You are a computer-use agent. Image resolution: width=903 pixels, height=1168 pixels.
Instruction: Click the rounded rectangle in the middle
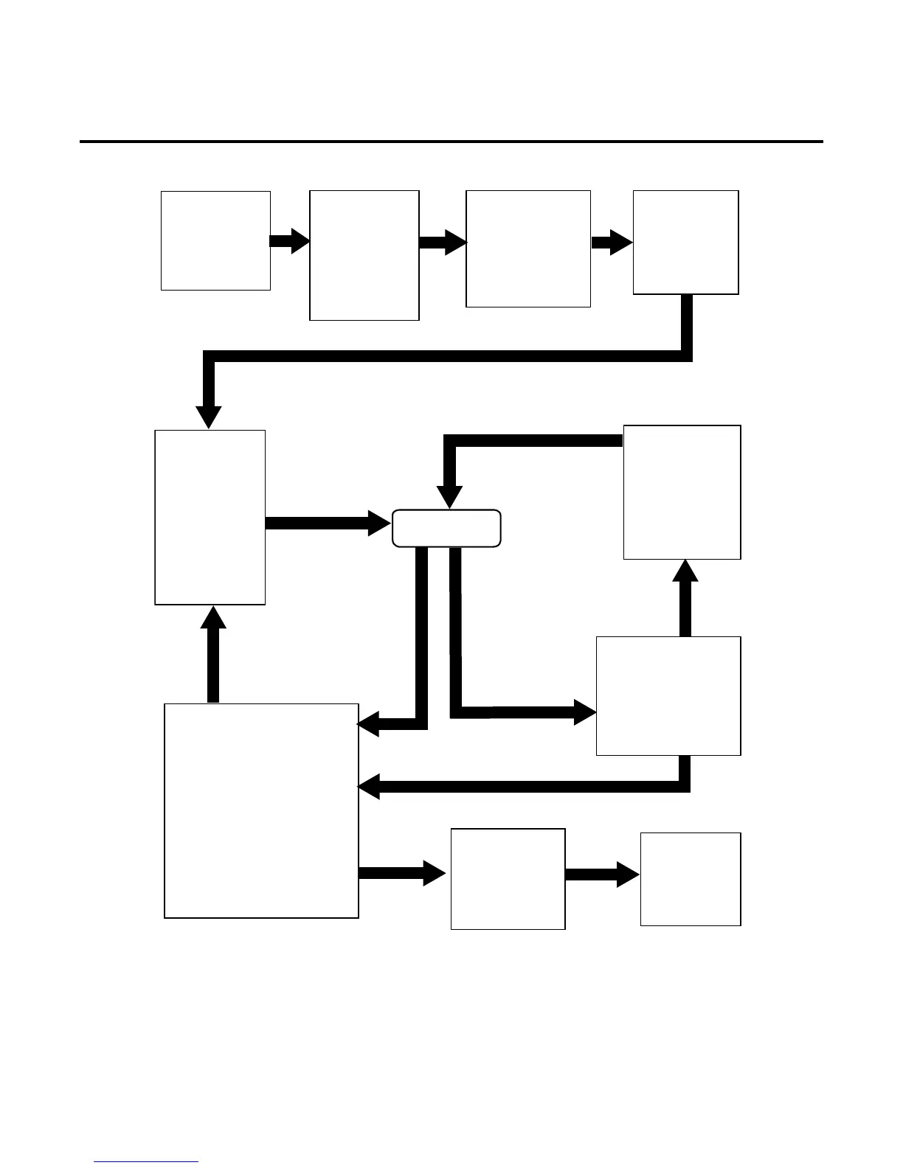446,528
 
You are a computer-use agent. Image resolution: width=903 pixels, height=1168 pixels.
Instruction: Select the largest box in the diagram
261,810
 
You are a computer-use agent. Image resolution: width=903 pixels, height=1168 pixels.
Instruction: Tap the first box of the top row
215,240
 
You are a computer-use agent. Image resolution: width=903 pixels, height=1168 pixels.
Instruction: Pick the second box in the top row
364,255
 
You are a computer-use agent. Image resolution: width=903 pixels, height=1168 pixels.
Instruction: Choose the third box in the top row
528,248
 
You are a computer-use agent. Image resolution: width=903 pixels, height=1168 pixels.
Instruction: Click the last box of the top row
685,243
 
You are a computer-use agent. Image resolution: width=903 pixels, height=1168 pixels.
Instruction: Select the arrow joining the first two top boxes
290,241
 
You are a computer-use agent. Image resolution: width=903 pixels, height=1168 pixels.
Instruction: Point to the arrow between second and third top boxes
443,242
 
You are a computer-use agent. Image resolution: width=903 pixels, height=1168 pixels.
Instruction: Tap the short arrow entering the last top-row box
612,242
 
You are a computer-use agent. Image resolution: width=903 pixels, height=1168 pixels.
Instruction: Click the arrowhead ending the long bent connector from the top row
209,416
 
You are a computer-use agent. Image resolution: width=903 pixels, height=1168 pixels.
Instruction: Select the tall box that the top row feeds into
210,517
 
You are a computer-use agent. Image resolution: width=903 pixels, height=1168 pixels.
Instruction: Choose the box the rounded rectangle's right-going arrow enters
668,695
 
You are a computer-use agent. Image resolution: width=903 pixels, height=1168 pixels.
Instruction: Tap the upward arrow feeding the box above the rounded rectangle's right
685,597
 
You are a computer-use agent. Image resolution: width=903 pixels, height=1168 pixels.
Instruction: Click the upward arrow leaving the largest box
213,653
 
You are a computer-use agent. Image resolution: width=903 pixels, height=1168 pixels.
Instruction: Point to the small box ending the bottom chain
690,879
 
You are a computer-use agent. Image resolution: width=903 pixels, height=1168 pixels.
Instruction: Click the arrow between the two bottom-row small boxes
602,875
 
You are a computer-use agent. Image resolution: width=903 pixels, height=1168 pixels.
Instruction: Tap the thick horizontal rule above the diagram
451,141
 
